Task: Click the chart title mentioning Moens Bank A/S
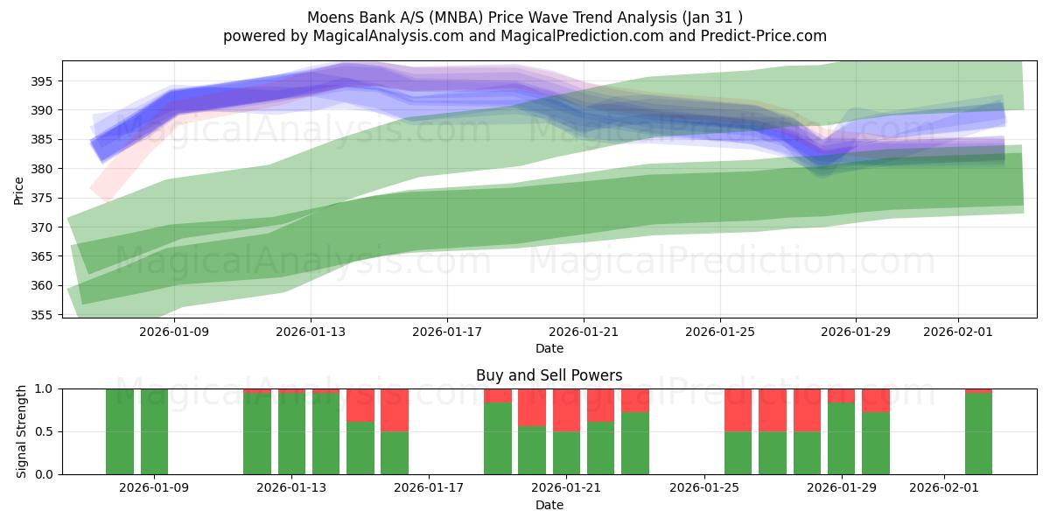(x=525, y=17)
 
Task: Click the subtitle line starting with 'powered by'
(x=525, y=36)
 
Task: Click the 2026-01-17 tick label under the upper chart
(x=447, y=332)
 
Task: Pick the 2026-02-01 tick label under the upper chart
(x=958, y=332)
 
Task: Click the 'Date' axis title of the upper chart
(x=549, y=348)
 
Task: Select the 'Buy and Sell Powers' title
(x=549, y=375)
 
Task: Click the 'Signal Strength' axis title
(x=21, y=431)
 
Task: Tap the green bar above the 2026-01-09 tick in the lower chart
(x=154, y=431)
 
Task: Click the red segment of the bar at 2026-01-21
(x=566, y=409)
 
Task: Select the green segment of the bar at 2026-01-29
(x=842, y=437)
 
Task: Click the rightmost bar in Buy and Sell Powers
(x=978, y=434)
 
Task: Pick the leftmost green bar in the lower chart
(x=120, y=431)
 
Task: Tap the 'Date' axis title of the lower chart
(x=549, y=505)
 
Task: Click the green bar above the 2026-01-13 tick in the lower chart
(x=291, y=433)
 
